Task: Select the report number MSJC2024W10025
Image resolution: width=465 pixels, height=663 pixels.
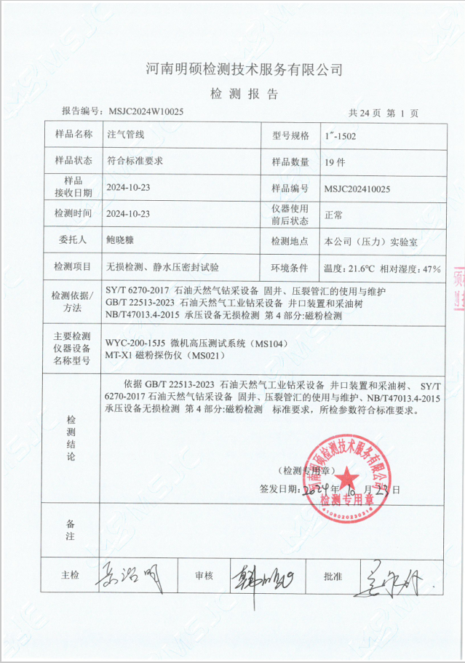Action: pyautogui.click(x=146, y=112)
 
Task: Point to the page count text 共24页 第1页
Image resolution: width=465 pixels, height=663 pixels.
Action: pyautogui.click(x=383, y=113)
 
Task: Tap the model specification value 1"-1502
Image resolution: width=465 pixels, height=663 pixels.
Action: pyautogui.click(x=340, y=135)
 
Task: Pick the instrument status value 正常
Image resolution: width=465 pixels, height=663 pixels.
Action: pyautogui.click(x=334, y=214)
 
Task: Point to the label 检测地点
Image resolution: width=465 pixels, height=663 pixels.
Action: pyautogui.click(x=290, y=240)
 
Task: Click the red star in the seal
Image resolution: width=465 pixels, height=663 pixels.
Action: pyautogui.click(x=348, y=478)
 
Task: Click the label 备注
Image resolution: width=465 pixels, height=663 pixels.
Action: pyautogui.click(x=70, y=529)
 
